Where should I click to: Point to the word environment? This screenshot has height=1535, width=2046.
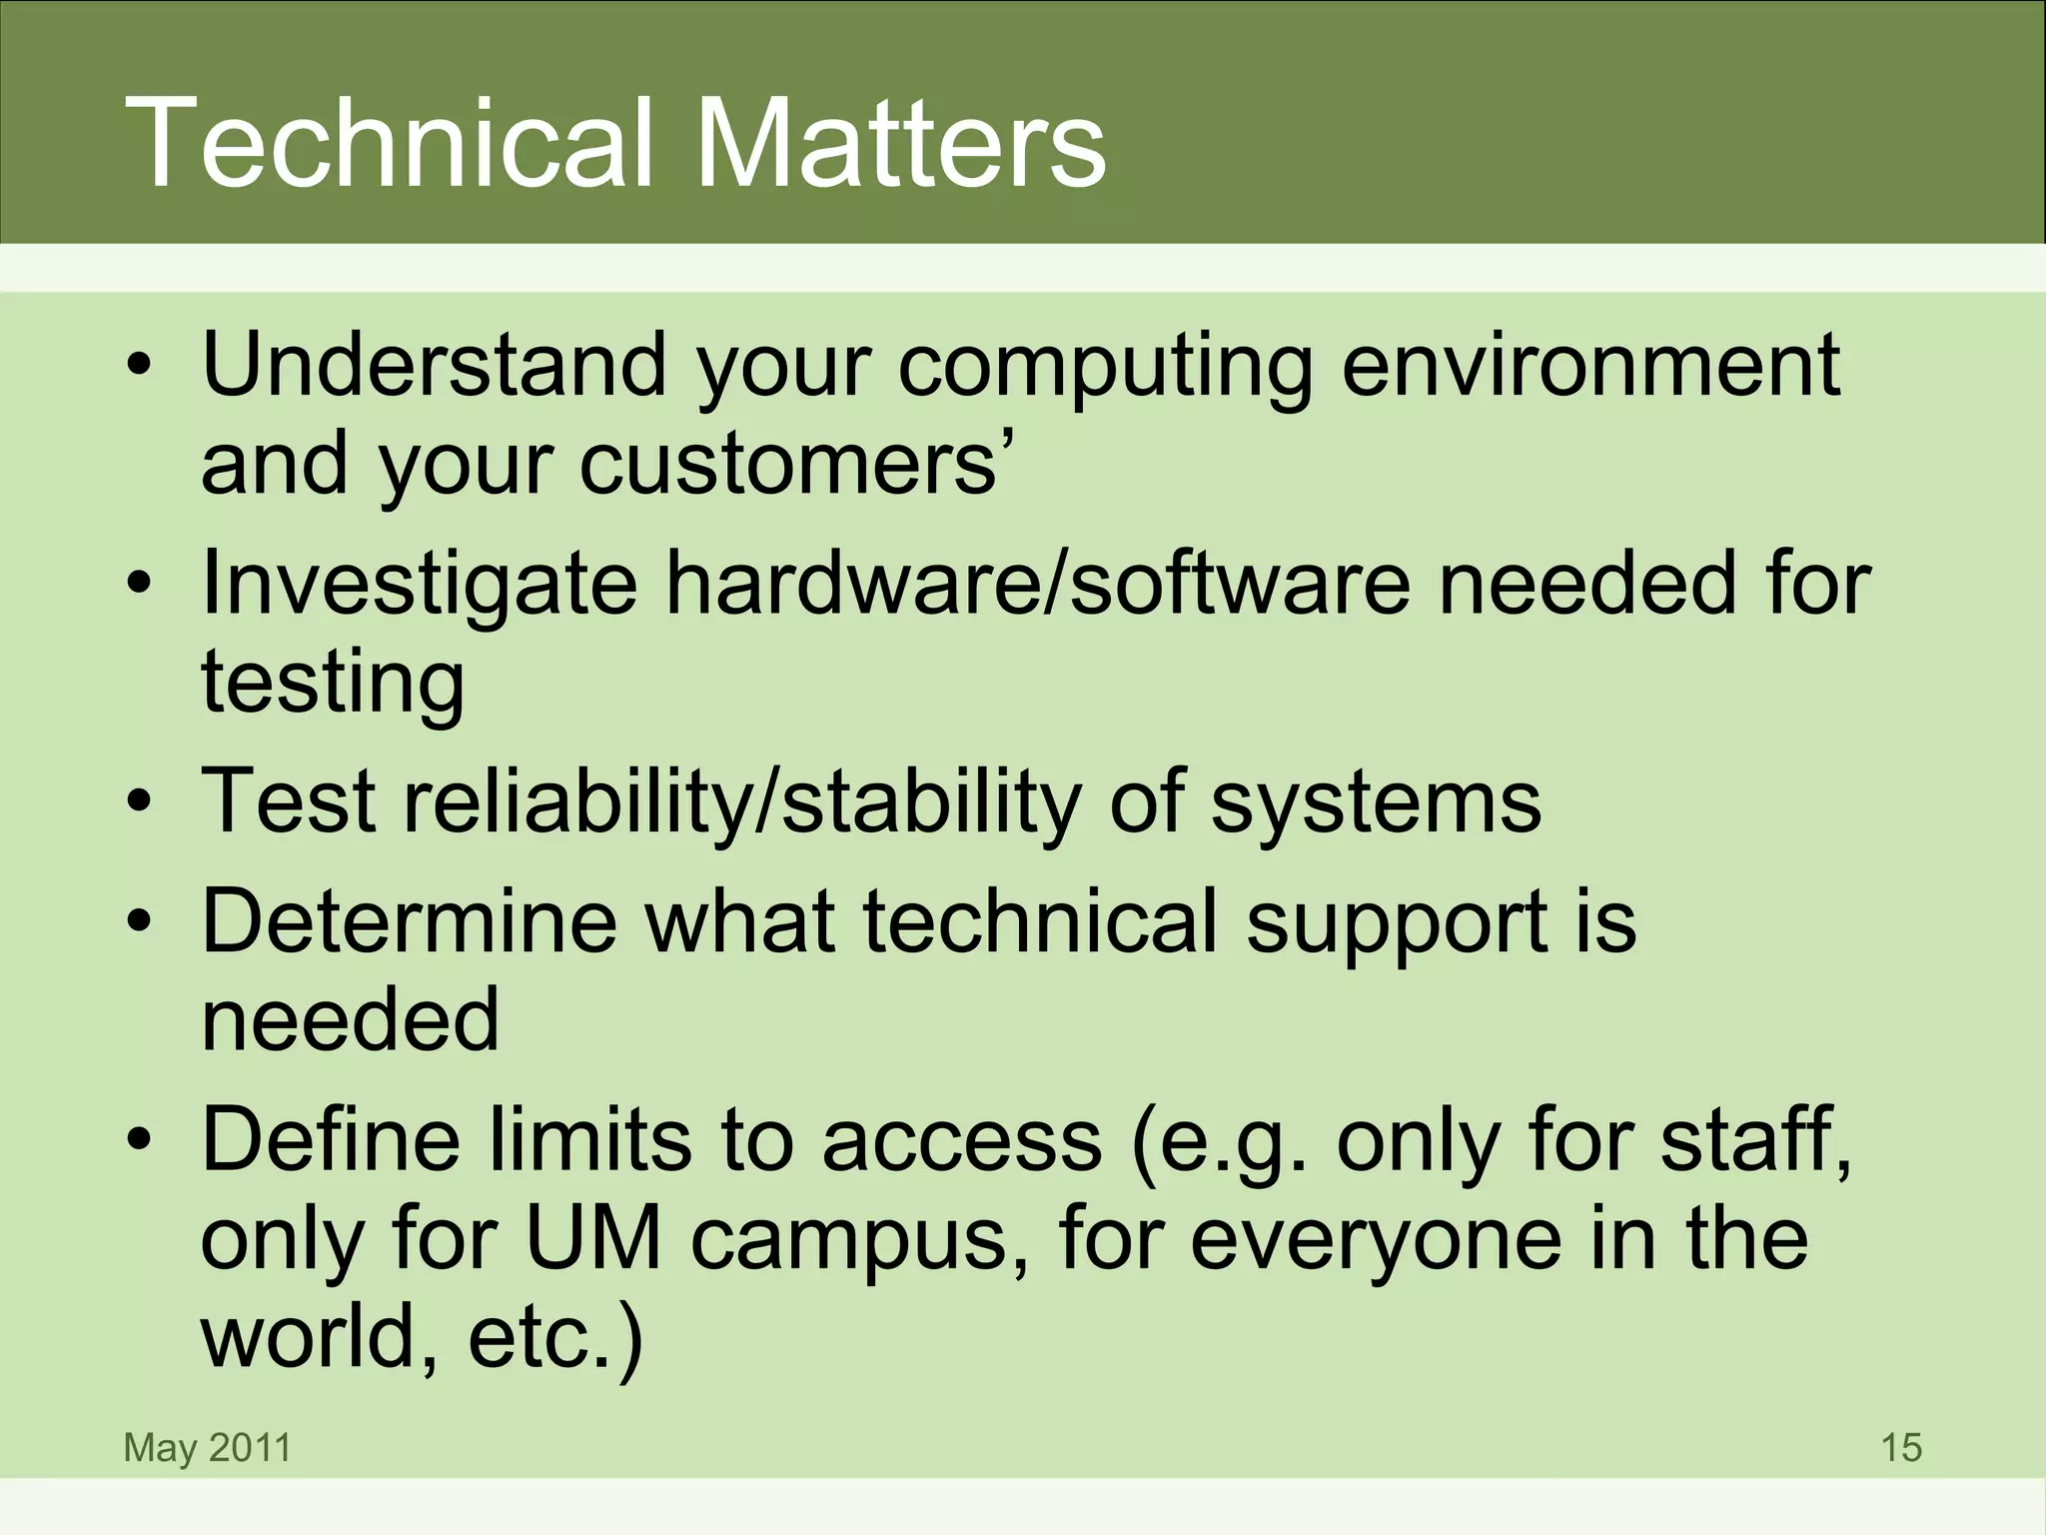click(x=1589, y=364)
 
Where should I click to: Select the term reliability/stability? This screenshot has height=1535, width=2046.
click(x=740, y=803)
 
